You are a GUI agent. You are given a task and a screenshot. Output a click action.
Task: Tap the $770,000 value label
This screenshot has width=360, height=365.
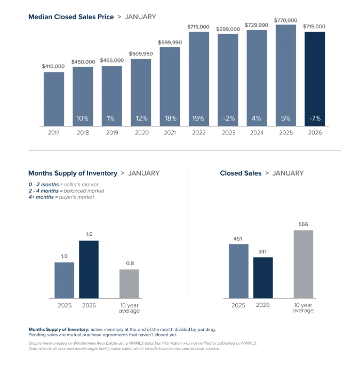286,20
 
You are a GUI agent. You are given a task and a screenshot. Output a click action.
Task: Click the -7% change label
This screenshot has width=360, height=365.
315,118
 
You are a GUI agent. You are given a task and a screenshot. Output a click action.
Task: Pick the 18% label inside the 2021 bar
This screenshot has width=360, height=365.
170,118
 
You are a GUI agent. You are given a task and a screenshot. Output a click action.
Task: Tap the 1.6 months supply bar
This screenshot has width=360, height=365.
89,269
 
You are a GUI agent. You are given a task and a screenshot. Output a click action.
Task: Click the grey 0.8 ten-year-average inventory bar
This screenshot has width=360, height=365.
129,283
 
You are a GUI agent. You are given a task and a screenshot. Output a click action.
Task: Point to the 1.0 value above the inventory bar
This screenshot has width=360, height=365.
64,257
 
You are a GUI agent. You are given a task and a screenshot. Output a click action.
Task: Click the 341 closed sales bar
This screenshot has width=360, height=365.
263,277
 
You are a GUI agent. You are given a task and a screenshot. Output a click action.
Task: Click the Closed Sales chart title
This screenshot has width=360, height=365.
241,173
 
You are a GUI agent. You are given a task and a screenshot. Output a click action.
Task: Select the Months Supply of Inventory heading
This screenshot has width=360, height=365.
73,173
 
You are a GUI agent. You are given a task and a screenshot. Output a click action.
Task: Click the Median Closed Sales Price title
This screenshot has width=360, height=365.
71,17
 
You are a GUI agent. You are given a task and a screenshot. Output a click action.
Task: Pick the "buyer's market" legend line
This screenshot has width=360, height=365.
61,197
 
